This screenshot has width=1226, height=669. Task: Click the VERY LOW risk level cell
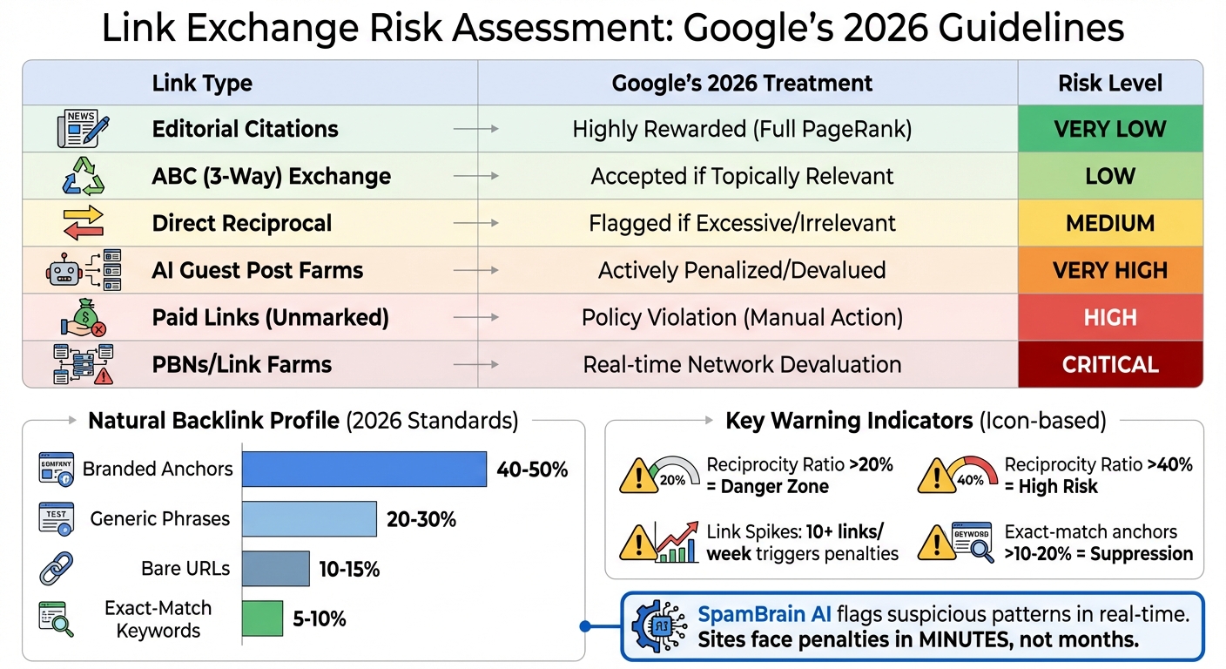pyautogui.click(x=1110, y=129)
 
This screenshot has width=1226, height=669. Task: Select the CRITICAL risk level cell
pyautogui.click(x=1110, y=364)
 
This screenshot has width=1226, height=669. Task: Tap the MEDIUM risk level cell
pyautogui.click(x=1110, y=223)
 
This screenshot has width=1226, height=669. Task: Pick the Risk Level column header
pyautogui.click(x=1110, y=84)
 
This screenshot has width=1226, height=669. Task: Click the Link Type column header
pyautogui.click(x=202, y=84)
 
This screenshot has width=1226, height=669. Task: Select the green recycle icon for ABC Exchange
pyautogui.click(x=83, y=177)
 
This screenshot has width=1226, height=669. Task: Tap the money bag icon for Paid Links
pyautogui.click(x=83, y=317)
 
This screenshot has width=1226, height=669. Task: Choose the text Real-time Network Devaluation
pyautogui.click(x=742, y=364)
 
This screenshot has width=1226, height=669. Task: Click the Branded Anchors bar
pyautogui.click(x=364, y=469)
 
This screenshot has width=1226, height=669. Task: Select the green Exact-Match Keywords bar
pyautogui.click(x=262, y=618)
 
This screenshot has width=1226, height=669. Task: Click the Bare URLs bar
pyautogui.click(x=275, y=569)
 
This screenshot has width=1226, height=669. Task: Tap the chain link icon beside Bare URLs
pyautogui.click(x=56, y=569)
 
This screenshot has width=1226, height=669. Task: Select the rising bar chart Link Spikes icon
pyautogui.click(x=677, y=543)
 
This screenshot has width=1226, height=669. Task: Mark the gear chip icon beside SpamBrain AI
pyautogui.click(x=658, y=626)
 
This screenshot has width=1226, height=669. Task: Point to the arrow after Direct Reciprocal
pyautogui.click(x=476, y=223)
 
